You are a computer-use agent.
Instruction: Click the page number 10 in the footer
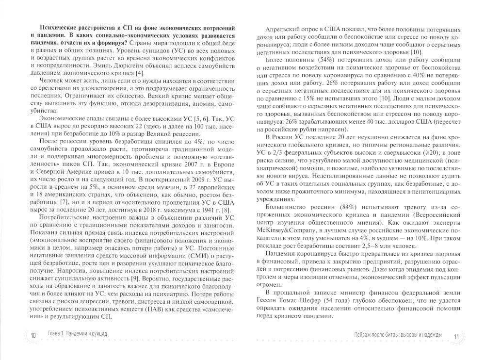[x=32, y=335]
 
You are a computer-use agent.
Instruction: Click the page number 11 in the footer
[x=455, y=336]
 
